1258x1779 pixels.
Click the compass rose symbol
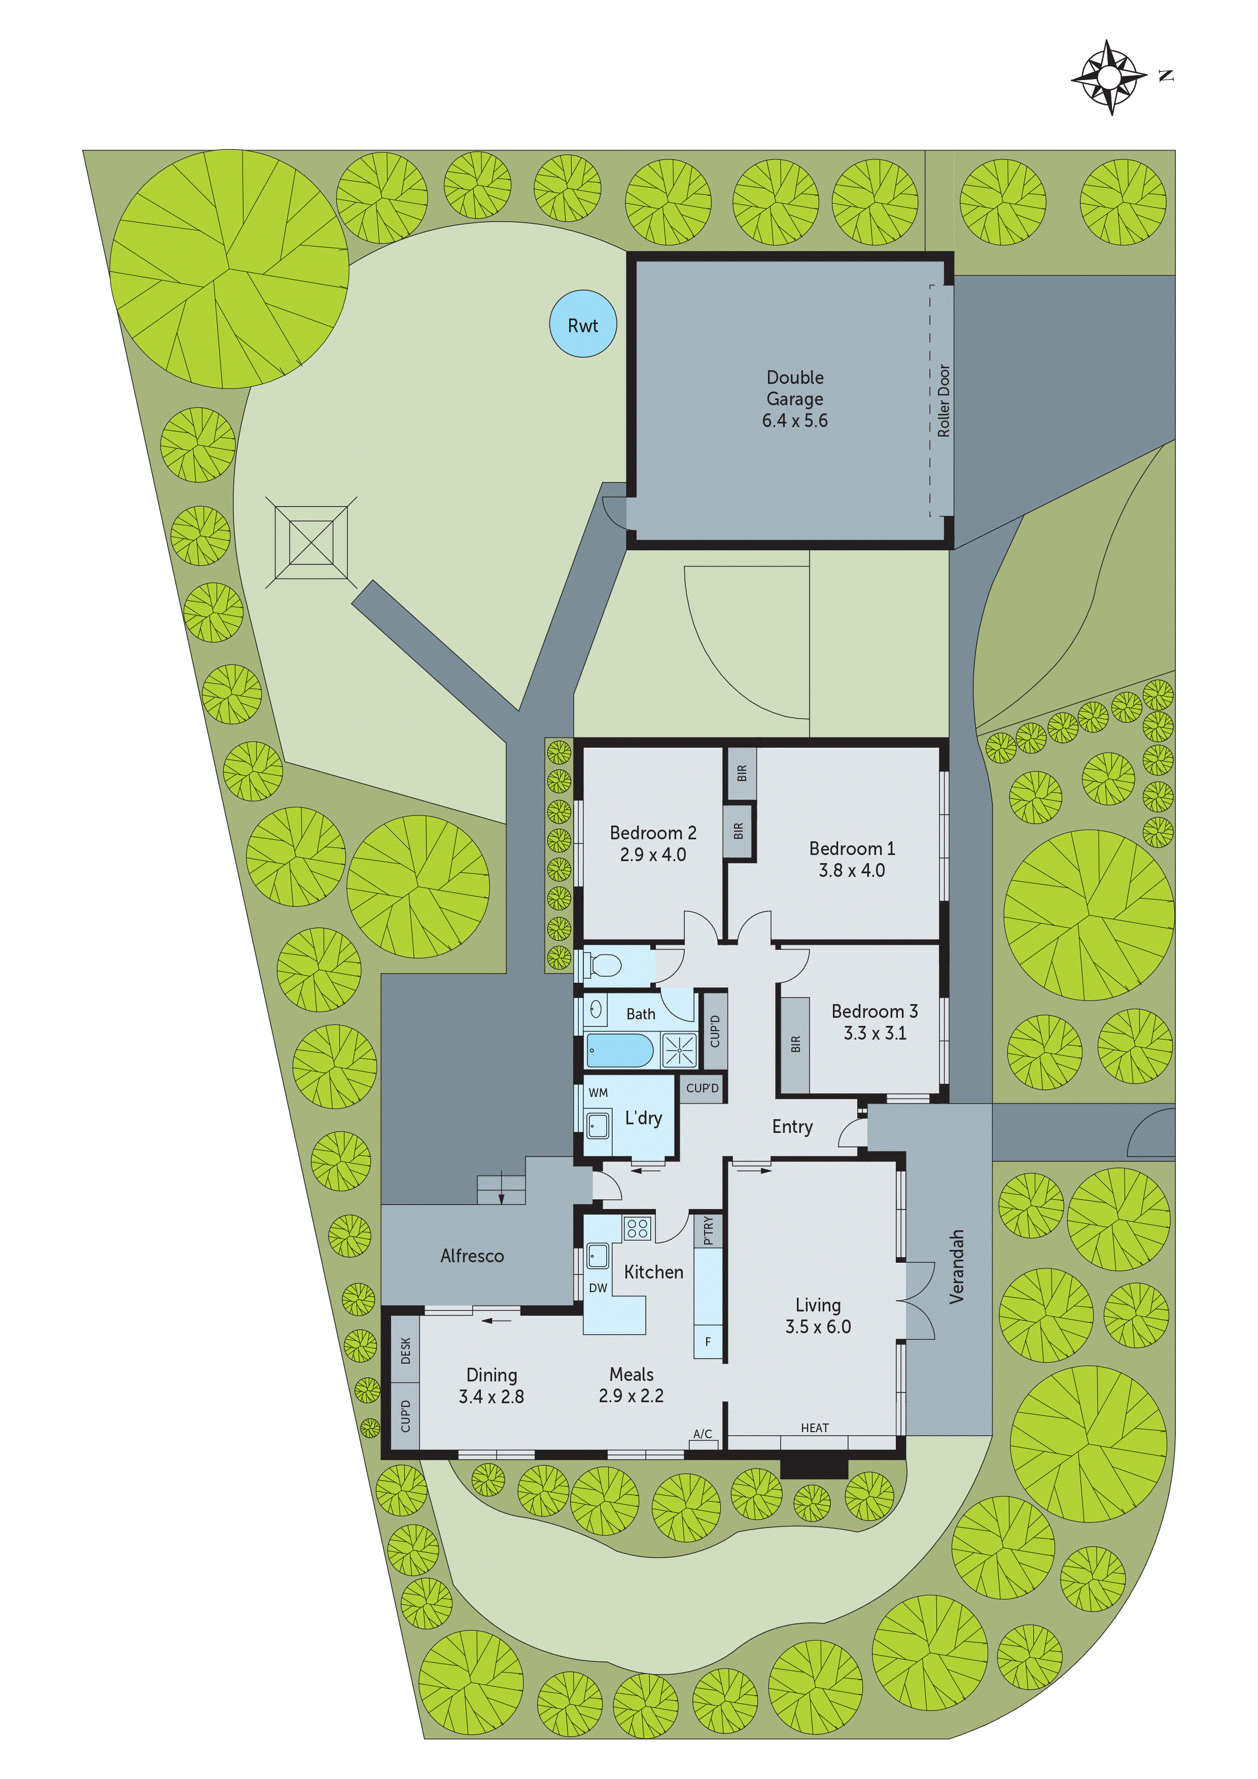coord(1109,78)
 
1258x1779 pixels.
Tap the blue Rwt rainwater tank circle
coord(583,324)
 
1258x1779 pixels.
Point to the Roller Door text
coord(943,401)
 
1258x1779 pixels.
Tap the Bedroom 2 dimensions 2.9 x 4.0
coord(653,855)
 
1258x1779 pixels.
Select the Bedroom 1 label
coord(852,848)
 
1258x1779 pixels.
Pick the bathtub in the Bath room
coord(619,1051)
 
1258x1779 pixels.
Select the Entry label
coord(792,1127)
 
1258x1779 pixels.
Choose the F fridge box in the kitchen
coord(708,1341)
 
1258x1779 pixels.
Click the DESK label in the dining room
coord(405,1350)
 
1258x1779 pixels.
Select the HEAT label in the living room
coord(815,1427)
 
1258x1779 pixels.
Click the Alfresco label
coord(472,1256)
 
